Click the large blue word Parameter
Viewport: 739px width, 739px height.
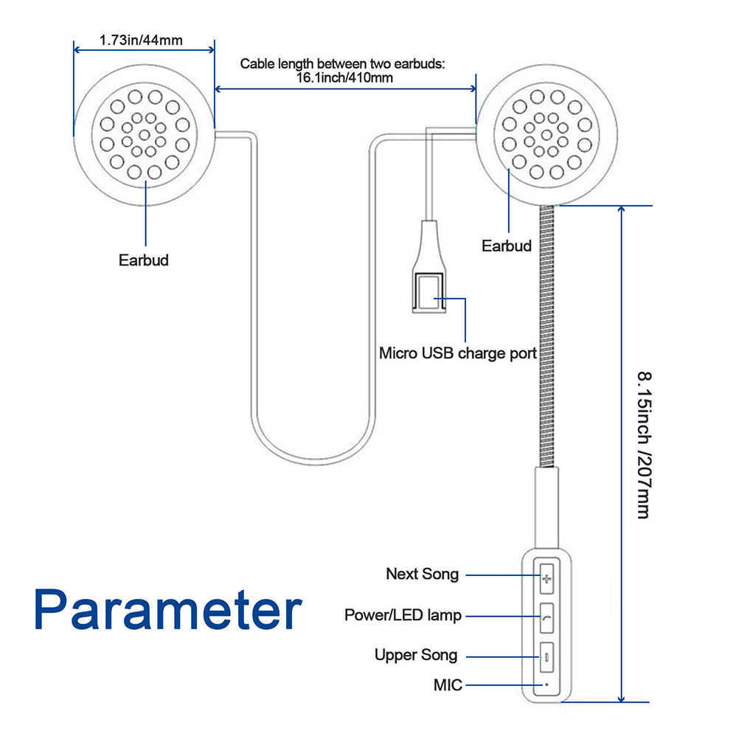169,609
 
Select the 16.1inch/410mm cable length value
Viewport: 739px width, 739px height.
344,77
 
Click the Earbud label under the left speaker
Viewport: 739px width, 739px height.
144,260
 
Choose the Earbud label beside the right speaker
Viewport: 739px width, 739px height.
507,246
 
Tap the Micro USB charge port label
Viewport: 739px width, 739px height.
457,353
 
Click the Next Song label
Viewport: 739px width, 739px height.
422,574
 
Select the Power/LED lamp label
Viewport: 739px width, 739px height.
403,614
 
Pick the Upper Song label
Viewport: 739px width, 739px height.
416,655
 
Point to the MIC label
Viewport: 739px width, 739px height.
448,685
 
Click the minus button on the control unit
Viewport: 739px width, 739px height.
547,656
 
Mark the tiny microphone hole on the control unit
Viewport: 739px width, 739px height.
547,684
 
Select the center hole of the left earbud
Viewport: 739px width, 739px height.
144,135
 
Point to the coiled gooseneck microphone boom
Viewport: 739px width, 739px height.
547,332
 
